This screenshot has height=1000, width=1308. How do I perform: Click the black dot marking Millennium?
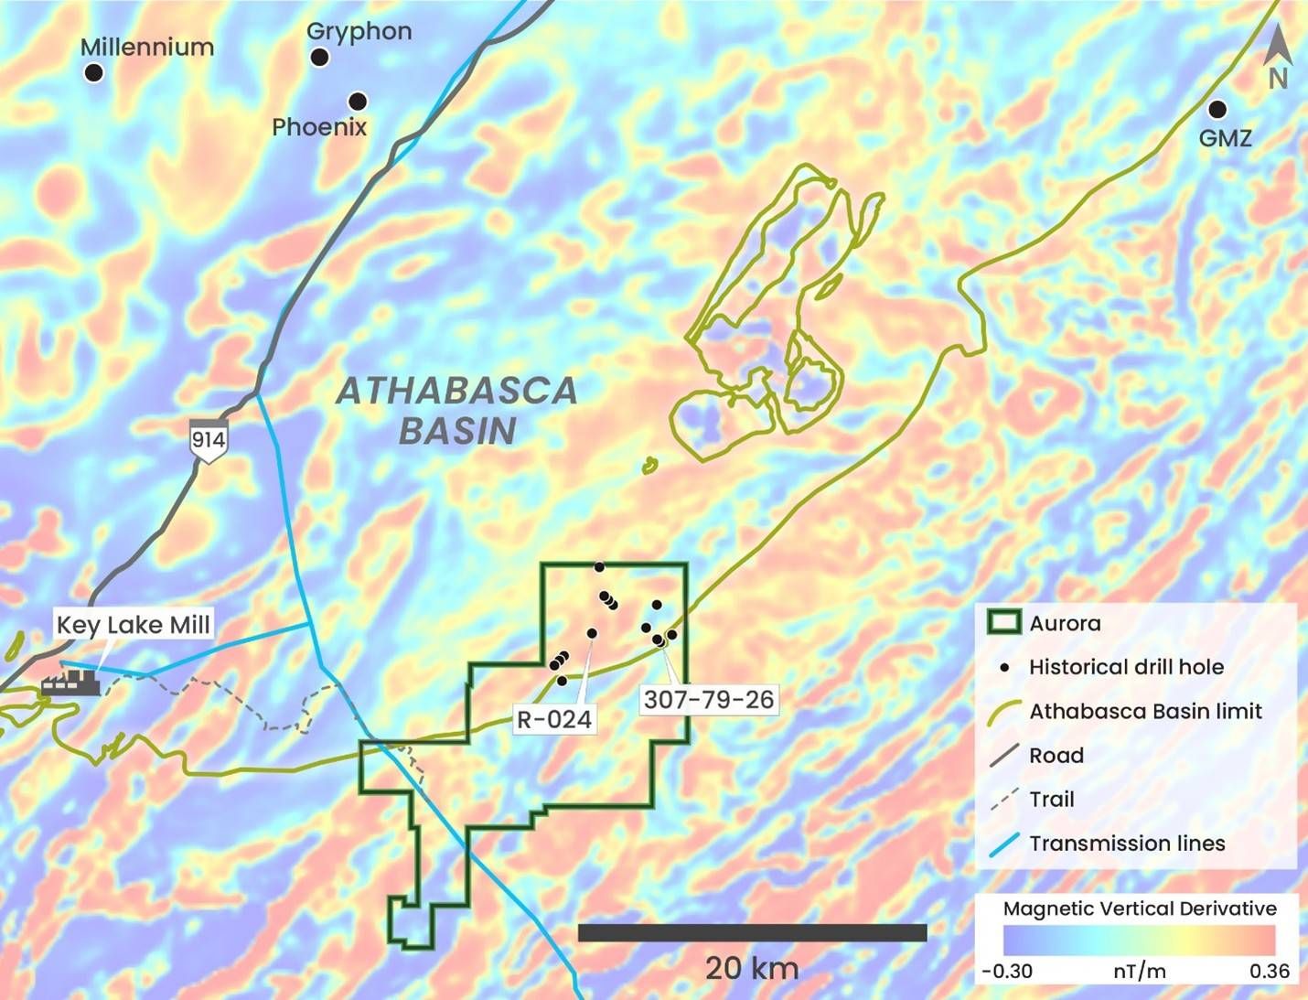click(94, 72)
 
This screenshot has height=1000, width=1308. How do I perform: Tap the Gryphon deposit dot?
click(319, 58)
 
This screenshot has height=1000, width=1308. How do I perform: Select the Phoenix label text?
click(319, 127)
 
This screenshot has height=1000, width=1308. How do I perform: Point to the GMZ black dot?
click(1217, 110)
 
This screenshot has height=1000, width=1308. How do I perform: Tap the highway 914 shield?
click(208, 440)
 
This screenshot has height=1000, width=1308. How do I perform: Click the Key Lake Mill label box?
click(134, 625)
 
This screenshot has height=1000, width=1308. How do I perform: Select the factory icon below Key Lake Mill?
click(70, 682)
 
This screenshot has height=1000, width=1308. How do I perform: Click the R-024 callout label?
click(554, 719)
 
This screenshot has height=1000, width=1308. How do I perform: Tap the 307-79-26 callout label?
click(709, 700)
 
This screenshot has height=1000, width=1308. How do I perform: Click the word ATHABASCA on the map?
click(456, 392)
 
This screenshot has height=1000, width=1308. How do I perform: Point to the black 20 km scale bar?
click(752, 932)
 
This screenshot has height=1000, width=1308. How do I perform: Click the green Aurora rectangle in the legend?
click(1003, 623)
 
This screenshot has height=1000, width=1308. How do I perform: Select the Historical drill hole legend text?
click(1126, 667)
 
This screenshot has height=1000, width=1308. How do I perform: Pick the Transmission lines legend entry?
click(1126, 844)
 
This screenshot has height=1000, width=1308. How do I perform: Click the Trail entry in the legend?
click(1051, 800)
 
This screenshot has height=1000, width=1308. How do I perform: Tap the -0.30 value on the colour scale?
click(1006, 972)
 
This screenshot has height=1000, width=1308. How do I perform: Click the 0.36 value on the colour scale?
click(1269, 972)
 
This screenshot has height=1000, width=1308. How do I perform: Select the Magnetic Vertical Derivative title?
click(1140, 909)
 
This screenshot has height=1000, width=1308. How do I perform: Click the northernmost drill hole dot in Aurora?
click(599, 567)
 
